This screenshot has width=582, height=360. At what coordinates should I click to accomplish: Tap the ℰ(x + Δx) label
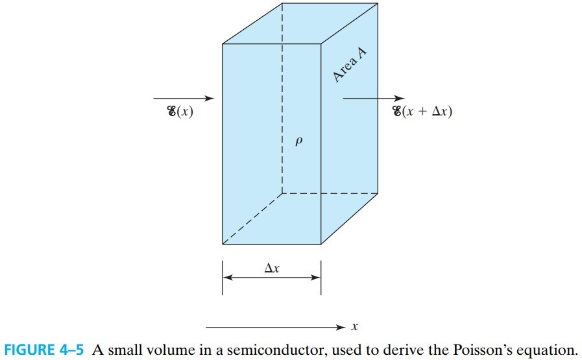click(x=422, y=112)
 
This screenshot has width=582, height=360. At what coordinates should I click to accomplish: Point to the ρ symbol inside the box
click(x=298, y=141)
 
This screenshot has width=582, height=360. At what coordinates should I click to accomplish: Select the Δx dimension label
click(x=273, y=267)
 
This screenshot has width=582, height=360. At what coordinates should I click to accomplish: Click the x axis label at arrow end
click(x=355, y=327)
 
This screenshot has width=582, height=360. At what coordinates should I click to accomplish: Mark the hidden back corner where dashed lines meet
click(x=282, y=193)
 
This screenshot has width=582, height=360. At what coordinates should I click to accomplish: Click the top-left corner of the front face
click(x=223, y=44)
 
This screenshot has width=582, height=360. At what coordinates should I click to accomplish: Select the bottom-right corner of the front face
click(x=321, y=245)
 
